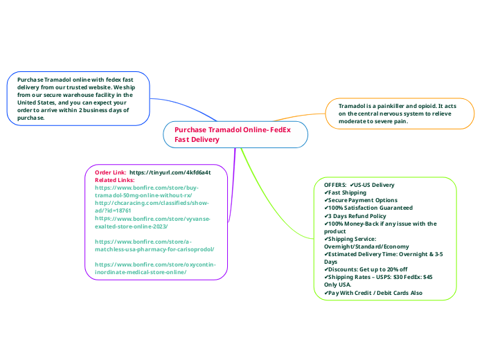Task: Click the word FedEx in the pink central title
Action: click(280, 129)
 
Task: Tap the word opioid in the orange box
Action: click(426, 106)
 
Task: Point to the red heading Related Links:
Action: click(115, 180)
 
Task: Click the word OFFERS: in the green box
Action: click(335, 185)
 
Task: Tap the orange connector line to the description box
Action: click(298, 116)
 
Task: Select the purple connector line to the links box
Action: click(233, 184)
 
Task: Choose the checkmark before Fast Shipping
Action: click(326, 192)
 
